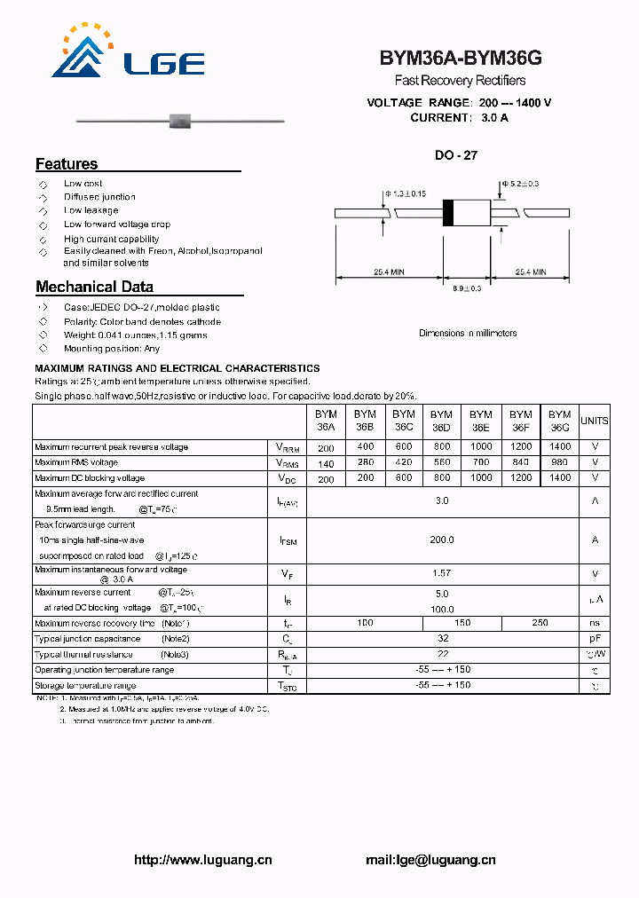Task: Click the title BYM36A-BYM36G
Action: pos(461,59)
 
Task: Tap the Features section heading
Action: pos(67,164)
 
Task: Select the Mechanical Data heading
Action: pos(94,287)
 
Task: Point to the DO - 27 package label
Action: pos(456,155)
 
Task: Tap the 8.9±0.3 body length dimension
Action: pos(467,288)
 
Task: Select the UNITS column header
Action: pos(594,421)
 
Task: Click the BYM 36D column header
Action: pos(441,421)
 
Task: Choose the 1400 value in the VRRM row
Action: pos(560,447)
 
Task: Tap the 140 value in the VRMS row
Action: pos(326,463)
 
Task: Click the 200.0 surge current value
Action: pos(442,540)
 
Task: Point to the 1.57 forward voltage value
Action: pos(442,574)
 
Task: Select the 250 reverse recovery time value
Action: pos(540,624)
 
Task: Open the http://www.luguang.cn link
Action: pos(202,860)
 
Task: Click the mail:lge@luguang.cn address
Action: pos(430,860)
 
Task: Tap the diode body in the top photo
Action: pos(182,120)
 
